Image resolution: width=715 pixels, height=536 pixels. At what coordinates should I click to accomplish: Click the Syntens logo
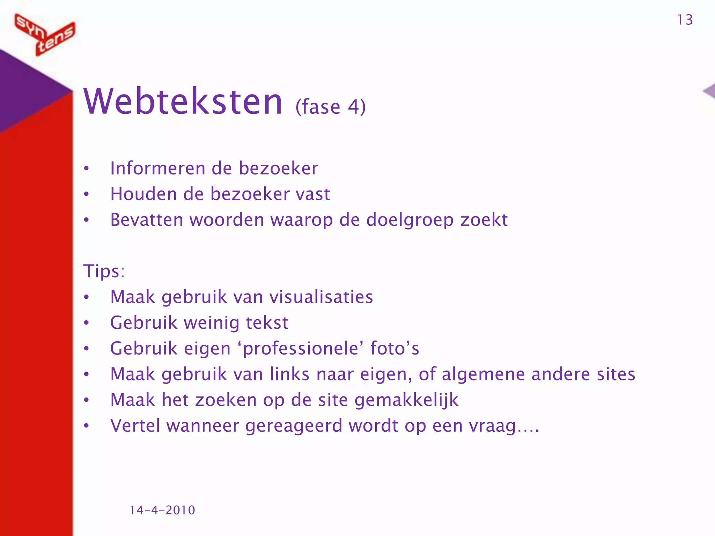45,34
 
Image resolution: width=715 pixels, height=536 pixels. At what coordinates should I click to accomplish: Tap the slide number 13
685,20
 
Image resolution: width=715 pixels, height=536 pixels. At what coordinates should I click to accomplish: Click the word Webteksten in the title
183,102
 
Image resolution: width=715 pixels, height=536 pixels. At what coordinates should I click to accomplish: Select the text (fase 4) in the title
330,107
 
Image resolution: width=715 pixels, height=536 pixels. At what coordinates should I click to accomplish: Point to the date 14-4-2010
162,510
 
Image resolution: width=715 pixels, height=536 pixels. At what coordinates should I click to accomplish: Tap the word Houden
143,194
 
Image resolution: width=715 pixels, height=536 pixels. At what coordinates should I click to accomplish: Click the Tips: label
104,271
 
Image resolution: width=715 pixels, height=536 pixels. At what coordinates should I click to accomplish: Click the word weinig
212,323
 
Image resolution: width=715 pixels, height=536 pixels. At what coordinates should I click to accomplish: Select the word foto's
395,348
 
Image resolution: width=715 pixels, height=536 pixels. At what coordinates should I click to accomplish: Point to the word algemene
483,374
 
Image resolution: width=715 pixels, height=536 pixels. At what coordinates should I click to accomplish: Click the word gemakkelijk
406,400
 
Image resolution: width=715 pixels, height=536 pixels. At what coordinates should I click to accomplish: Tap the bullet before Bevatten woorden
87,220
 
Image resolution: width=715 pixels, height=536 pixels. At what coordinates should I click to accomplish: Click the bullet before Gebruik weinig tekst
87,323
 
